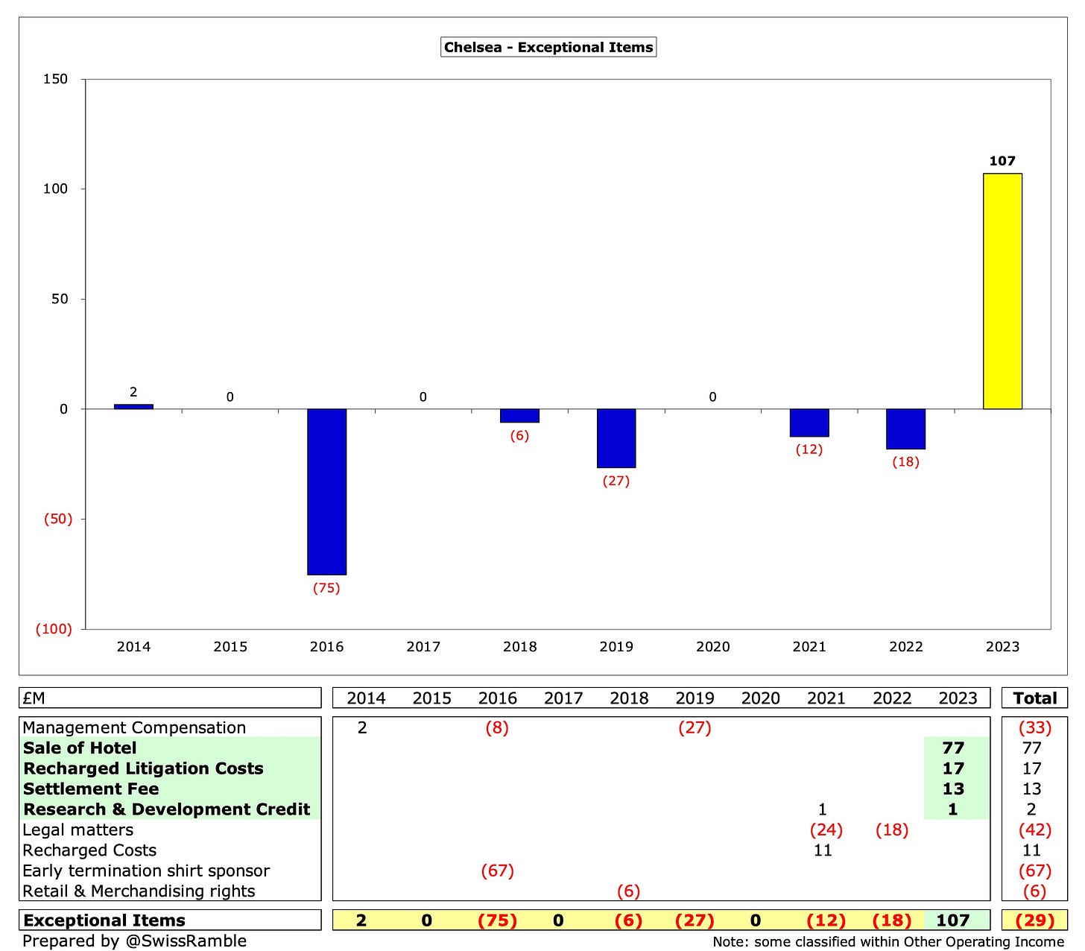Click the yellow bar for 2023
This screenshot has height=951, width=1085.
(1002, 291)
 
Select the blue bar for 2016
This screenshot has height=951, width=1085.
(326, 491)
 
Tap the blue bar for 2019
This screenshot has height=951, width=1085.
(616, 438)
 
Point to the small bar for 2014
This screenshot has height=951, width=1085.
(133, 406)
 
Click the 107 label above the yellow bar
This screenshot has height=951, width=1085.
(1002, 161)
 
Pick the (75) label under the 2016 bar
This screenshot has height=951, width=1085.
(326, 588)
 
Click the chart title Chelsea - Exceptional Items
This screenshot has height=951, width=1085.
(548, 48)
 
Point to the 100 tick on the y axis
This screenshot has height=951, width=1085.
(55, 189)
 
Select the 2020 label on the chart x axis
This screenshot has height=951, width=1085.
(712, 647)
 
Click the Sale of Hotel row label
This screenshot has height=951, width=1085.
(80, 748)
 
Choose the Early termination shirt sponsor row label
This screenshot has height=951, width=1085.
(146, 871)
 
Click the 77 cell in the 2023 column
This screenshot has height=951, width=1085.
(953, 748)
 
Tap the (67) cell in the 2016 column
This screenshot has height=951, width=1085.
(497, 871)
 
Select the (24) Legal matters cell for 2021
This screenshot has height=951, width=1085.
(826, 830)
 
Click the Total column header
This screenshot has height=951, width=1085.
(1034, 698)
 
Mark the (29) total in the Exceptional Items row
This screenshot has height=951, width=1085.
(1034, 920)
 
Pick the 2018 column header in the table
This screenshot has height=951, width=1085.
(629, 698)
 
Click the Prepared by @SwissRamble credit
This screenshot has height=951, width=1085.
(134, 941)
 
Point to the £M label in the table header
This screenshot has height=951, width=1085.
(34, 698)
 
